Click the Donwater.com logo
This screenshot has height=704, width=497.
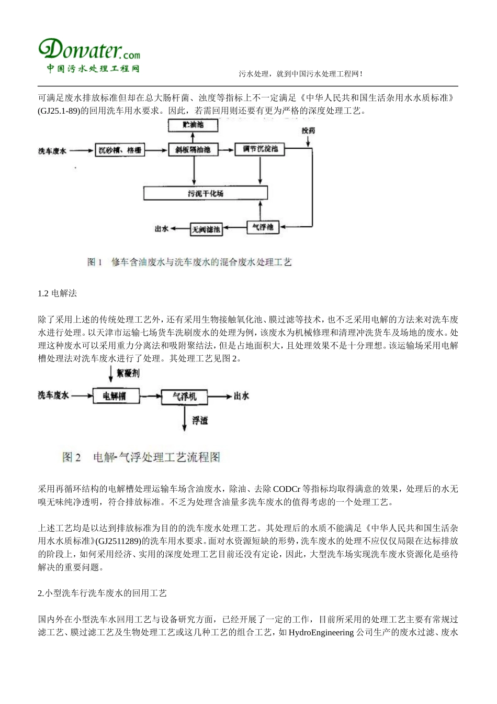tap(89, 54)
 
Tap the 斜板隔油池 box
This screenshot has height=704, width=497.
tap(193, 150)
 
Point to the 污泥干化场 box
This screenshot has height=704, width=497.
tap(206, 193)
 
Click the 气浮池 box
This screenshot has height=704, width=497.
tap(263, 227)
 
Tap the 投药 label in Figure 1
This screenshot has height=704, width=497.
tap(308, 130)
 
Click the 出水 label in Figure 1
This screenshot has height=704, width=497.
tap(161, 229)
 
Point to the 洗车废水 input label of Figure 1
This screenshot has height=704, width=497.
tap(52, 151)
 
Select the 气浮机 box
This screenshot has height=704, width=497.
tap(184, 396)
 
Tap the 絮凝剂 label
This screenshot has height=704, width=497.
tap(128, 373)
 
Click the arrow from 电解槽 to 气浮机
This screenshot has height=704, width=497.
tap(150, 396)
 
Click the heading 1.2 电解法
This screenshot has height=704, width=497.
tap(58, 293)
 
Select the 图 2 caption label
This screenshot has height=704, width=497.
tap(71, 457)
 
